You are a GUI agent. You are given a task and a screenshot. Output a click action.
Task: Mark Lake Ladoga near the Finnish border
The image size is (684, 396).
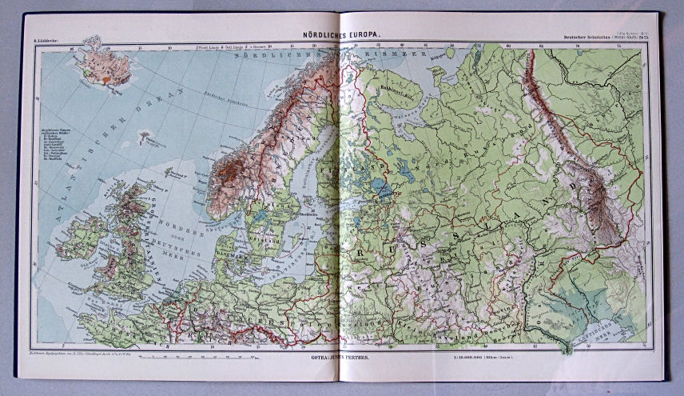pos(381,189)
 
